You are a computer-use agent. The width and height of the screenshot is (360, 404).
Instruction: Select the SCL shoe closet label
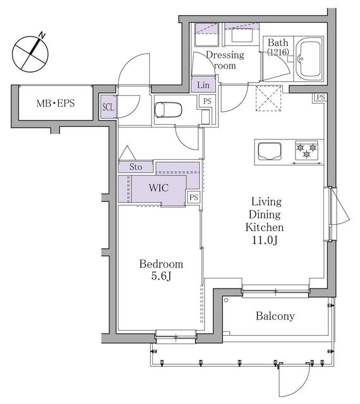click(x=108, y=107)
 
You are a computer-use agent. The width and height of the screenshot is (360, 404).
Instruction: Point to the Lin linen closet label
click(x=203, y=85)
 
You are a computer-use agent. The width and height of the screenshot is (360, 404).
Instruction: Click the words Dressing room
click(x=224, y=60)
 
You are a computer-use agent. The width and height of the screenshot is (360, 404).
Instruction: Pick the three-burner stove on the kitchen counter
click(x=308, y=151)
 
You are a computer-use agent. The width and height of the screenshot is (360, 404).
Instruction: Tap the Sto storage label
click(x=136, y=167)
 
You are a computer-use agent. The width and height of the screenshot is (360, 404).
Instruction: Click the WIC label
click(x=158, y=188)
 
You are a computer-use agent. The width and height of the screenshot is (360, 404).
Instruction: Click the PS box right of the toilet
click(x=207, y=100)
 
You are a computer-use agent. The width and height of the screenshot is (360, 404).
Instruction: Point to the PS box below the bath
click(x=320, y=97)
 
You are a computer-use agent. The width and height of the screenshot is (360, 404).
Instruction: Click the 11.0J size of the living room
click(x=267, y=241)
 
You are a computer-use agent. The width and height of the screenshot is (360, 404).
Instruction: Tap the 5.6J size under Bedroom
click(x=161, y=277)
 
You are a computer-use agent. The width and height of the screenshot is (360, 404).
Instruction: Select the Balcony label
click(x=275, y=316)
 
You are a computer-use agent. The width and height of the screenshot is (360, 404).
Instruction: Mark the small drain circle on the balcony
click(x=226, y=301)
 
